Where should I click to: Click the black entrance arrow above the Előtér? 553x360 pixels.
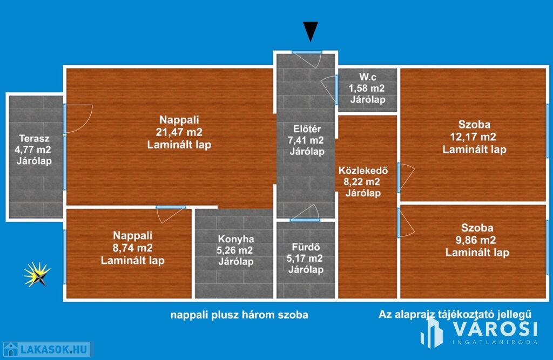[311, 31]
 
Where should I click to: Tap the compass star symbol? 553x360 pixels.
[37, 274]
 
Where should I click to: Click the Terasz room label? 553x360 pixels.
[34, 139]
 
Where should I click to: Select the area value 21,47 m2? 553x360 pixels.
[179, 132]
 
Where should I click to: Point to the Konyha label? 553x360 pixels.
[236, 239]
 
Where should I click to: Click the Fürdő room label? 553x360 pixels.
[306, 247]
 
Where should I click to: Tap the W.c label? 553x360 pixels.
[368, 77]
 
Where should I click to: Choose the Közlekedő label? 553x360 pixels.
[363, 171]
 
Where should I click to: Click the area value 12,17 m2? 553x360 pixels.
[473, 137]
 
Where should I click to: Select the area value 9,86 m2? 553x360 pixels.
[476, 240]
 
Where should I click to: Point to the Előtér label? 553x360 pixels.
[307, 129]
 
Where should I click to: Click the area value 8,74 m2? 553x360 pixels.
[133, 248]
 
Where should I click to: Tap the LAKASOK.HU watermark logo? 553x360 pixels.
[46, 349]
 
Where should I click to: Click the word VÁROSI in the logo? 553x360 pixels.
[495, 329]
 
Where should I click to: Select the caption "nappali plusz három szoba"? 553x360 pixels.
[239, 315]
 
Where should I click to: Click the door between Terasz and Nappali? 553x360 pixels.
[78, 119]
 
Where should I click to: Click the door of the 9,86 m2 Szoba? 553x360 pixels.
[406, 223]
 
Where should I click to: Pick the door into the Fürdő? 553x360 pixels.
[306, 213]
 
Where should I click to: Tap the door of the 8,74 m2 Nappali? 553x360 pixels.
[171, 214]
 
